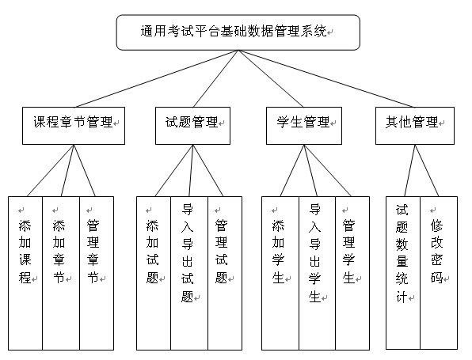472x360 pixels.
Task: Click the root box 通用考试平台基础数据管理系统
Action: click(x=238, y=32)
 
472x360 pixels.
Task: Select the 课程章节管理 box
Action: click(x=74, y=126)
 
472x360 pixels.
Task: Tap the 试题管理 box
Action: click(x=192, y=126)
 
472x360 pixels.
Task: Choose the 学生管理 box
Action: click(x=304, y=126)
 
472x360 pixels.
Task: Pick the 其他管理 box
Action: click(x=415, y=126)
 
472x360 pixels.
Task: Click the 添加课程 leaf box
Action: click(x=25, y=273)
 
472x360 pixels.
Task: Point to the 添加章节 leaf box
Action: click(x=61, y=273)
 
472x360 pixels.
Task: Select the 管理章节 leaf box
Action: click(x=97, y=273)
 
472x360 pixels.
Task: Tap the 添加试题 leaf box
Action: click(x=154, y=273)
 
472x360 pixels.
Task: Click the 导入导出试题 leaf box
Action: click(x=189, y=273)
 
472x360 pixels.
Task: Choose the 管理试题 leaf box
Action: click(x=225, y=273)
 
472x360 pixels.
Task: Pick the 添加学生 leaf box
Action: click(x=280, y=273)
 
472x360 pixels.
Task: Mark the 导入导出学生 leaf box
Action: click(x=317, y=273)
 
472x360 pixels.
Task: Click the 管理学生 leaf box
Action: click(x=352, y=273)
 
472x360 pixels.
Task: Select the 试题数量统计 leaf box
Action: click(x=403, y=273)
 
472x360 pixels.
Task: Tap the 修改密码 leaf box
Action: click(x=439, y=273)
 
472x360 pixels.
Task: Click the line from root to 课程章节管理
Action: click(x=157, y=78)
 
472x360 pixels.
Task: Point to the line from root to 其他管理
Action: click(x=326, y=78)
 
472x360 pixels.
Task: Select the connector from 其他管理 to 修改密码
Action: click(x=427, y=171)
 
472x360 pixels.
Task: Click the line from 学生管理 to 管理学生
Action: click(x=328, y=171)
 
